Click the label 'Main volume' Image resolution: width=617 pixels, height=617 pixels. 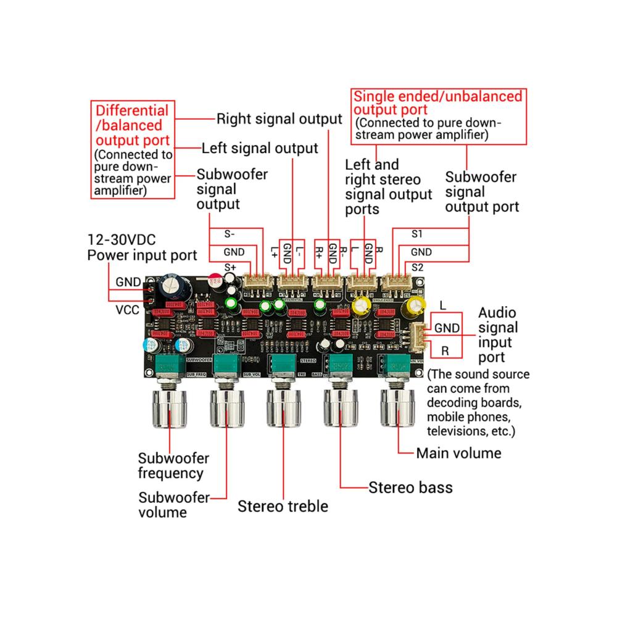[x=458, y=453]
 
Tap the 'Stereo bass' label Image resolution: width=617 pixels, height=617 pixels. [x=410, y=487]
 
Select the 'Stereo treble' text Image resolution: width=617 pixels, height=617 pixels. [x=283, y=507]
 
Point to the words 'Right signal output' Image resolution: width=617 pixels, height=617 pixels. [x=279, y=118]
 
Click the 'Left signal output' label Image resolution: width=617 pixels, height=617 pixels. [x=260, y=148]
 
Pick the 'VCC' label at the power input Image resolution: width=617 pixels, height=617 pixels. [x=128, y=310]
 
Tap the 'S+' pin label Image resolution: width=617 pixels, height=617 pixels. [x=230, y=267]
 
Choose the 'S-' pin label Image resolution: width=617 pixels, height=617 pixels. [x=230, y=234]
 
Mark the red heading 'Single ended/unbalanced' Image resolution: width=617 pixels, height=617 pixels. [x=438, y=96]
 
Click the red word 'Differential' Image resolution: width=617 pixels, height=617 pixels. [x=131, y=111]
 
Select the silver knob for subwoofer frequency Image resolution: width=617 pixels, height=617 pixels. [x=168, y=410]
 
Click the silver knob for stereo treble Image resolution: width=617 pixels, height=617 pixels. [x=283, y=410]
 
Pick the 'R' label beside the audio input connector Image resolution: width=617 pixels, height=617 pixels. [x=444, y=351]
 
